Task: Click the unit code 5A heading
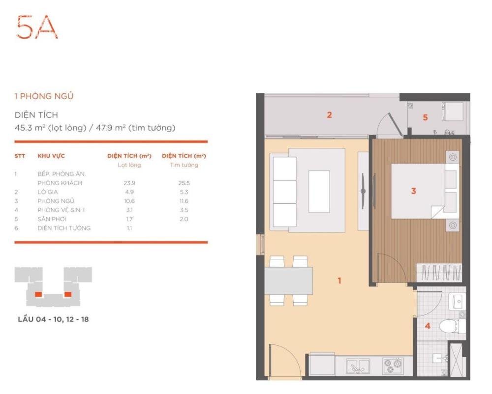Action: click(37, 27)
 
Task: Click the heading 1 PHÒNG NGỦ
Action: click(44, 96)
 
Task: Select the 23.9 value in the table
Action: click(129, 183)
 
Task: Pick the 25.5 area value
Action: click(184, 183)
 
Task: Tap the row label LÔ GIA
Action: click(48, 192)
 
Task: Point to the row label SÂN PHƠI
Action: click(52, 219)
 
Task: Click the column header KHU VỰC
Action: click(51, 156)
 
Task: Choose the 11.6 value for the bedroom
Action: click(184, 201)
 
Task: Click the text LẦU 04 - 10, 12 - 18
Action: click(53, 319)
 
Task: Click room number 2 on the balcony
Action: click(329, 115)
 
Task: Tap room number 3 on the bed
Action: click(414, 191)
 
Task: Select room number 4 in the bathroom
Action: click(428, 326)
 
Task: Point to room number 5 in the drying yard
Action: click(425, 117)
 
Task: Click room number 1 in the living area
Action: click(339, 281)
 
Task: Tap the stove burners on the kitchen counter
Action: click(393, 366)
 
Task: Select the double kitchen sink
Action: click(358, 366)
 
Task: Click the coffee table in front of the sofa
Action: click(319, 192)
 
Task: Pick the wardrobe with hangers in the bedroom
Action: click(439, 273)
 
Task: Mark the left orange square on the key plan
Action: click(38, 294)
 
